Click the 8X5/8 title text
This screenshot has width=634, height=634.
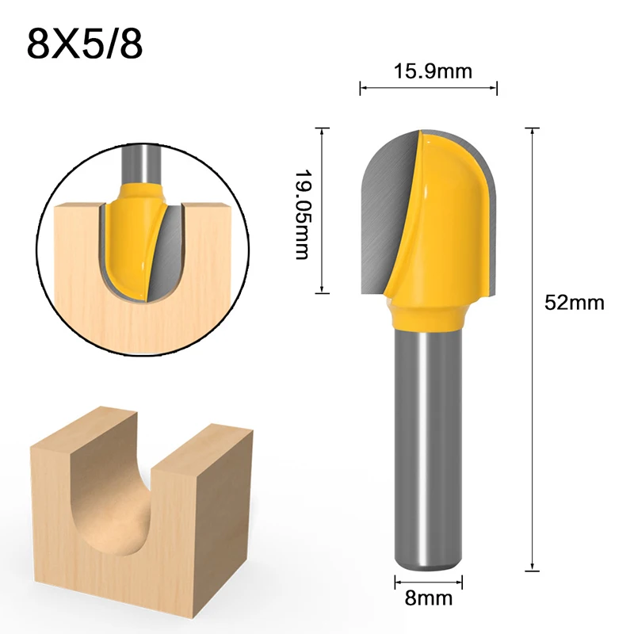pyautogui.click(x=85, y=44)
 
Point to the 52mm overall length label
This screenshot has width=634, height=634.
pyautogui.click(x=575, y=302)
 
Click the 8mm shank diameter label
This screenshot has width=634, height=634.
pyautogui.click(x=428, y=599)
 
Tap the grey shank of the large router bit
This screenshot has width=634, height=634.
pyautogui.click(x=428, y=444)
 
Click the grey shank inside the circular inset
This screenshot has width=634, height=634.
pyautogui.click(x=143, y=162)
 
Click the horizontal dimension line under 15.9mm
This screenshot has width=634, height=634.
pyautogui.click(x=429, y=88)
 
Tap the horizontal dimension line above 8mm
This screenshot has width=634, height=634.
pyautogui.click(x=428, y=583)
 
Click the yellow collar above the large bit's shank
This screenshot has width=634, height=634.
pyautogui.click(x=428, y=313)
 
